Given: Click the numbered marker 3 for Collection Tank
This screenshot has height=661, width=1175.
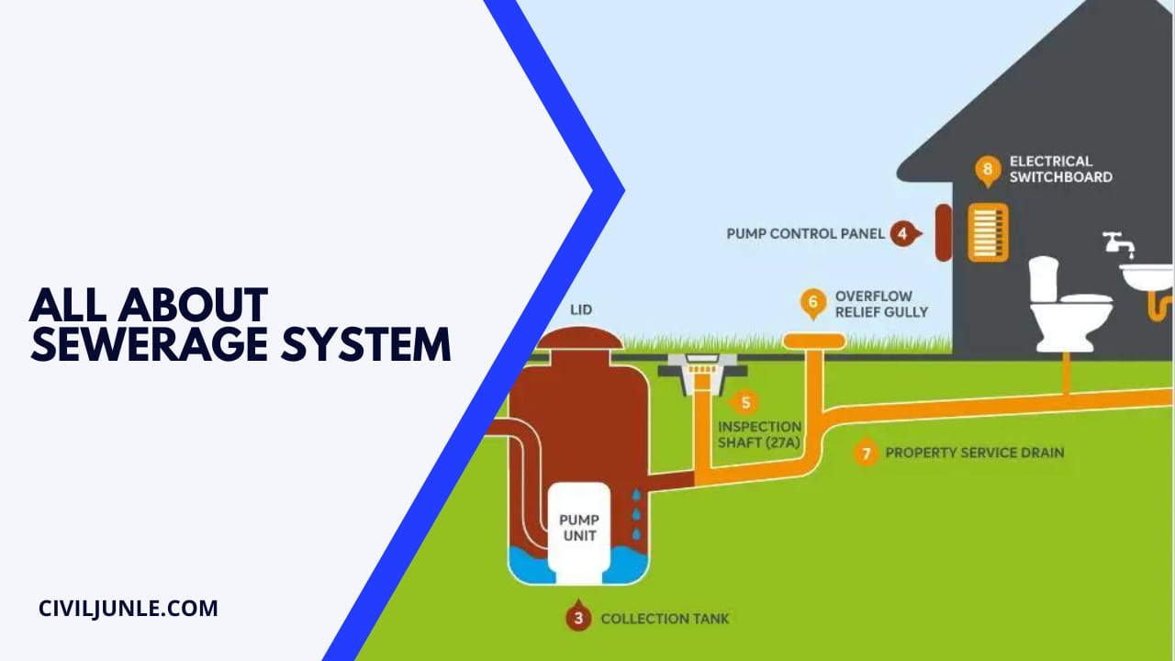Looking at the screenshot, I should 578,617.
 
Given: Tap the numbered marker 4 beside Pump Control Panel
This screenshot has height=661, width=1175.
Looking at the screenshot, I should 903,233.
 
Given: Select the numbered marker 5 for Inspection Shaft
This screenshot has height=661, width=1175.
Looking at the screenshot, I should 744,402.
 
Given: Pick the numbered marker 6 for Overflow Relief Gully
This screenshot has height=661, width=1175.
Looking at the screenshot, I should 812,302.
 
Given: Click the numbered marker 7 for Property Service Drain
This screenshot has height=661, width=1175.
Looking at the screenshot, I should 864,453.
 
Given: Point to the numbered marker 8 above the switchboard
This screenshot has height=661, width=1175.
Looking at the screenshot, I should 988,170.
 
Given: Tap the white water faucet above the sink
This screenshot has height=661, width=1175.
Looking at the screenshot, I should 1119,243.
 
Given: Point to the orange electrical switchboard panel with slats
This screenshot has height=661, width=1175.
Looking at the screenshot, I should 988,232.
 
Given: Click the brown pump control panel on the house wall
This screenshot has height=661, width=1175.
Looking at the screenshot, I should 944,233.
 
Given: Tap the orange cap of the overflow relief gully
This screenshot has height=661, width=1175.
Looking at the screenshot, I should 813,342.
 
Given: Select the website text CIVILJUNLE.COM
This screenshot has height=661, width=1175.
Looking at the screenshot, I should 129,608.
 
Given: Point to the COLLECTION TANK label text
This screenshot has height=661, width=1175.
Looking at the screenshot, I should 665,618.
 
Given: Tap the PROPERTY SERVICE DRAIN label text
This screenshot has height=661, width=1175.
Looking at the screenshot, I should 974,453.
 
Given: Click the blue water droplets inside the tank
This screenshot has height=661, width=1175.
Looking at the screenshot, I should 636,517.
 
